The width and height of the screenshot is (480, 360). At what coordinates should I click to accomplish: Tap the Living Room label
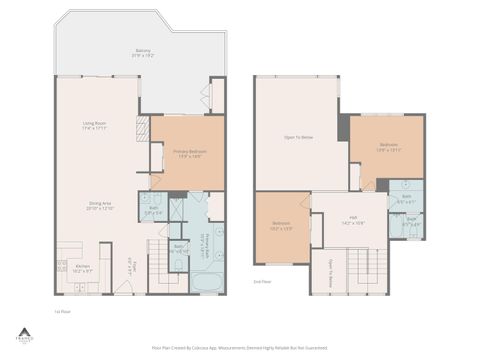(96, 126)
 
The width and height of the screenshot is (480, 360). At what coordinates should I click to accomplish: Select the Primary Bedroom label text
(175, 154)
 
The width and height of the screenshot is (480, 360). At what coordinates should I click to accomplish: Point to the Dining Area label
(100, 205)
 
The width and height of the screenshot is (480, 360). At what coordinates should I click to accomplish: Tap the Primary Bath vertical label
(205, 243)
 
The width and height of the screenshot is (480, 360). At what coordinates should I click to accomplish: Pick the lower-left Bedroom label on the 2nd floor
(281, 225)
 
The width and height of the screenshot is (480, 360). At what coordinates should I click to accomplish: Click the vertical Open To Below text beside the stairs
(331, 273)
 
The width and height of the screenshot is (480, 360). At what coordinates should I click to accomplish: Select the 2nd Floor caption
(262, 282)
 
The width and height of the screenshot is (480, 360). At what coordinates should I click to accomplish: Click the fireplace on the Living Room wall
(142, 127)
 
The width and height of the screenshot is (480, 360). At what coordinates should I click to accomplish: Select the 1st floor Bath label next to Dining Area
(153, 210)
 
